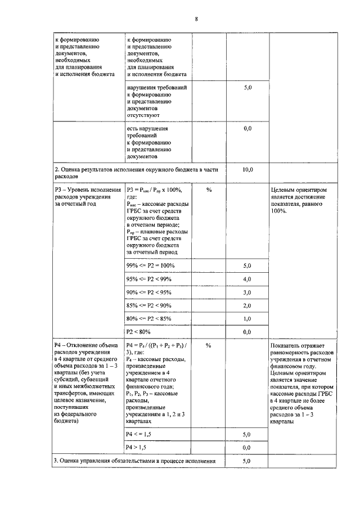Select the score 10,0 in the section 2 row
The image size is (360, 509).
click(247, 169)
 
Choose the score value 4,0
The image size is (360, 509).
click(246, 279)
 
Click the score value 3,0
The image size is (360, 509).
click(246, 292)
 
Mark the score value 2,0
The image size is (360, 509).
click(246, 305)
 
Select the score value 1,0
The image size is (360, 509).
click(246, 319)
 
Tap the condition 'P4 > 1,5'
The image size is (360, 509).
click(139, 447)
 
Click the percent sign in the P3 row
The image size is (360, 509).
click(209, 190)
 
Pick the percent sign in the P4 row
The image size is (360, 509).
click(209, 345)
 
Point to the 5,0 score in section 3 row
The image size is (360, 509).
click(246, 461)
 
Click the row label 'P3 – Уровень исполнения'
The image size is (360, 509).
click(87, 190)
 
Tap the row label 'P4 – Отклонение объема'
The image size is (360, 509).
click(87, 345)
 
